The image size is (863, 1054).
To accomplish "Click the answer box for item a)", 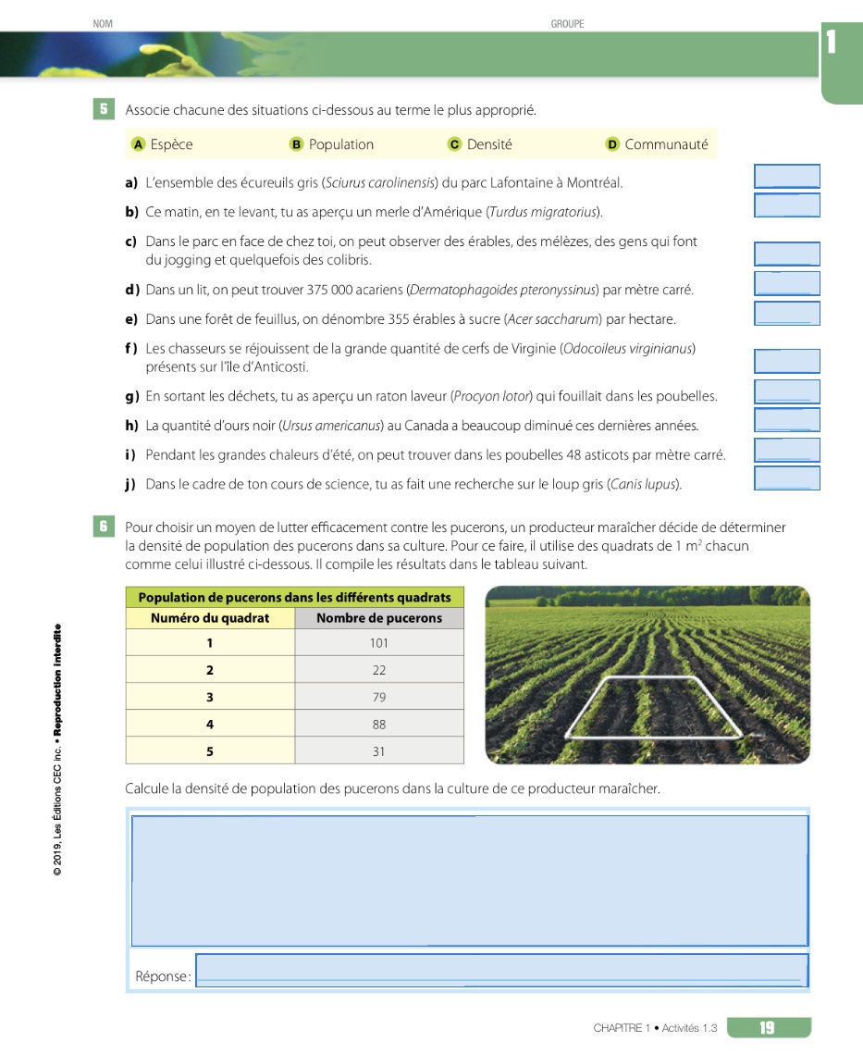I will point(787,176).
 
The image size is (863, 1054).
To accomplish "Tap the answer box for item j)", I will point(787,478).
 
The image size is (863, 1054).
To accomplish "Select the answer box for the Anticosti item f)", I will point(787,361).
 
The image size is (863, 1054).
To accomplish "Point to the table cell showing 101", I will point(378,643).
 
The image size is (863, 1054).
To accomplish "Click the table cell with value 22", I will point(378,670).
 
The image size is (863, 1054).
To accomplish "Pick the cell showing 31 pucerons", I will point(378,751).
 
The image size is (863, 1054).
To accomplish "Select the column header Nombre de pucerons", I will point(378,618).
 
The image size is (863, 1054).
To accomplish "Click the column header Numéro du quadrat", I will point(210,618).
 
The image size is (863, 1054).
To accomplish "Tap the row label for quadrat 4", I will point(210,725).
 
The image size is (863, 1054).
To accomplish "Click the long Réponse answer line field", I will point(500,971).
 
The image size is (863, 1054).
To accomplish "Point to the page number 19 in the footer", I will point(768,1027).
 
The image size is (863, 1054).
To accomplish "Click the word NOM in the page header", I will point(103,24).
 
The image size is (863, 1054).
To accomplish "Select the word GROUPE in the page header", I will point(567,24).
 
